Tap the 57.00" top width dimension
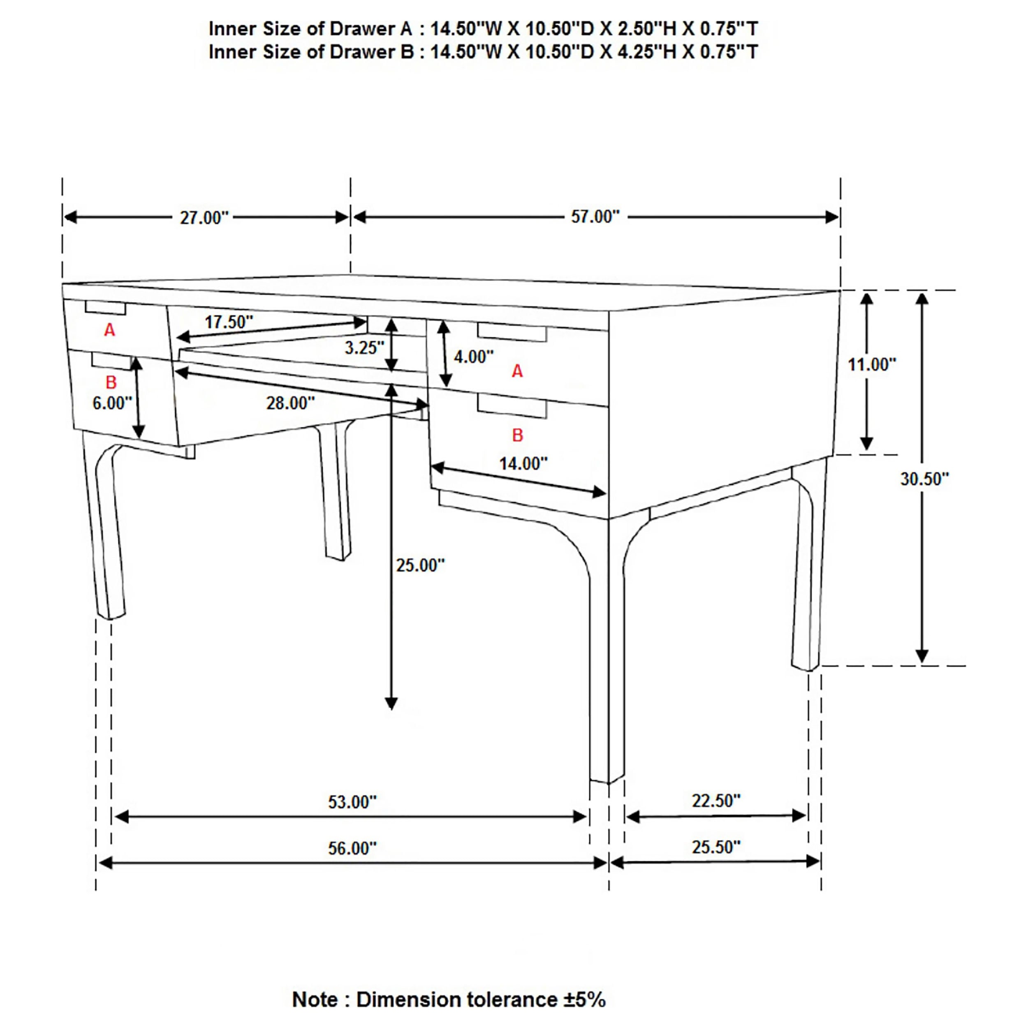coord(595,217)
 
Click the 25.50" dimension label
coord(715,847)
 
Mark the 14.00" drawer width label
coord(523,463)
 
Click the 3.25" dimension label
coord(364,347)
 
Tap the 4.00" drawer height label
coord(473,357)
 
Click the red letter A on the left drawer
coord(110,331)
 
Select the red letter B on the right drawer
coord(517,435)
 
